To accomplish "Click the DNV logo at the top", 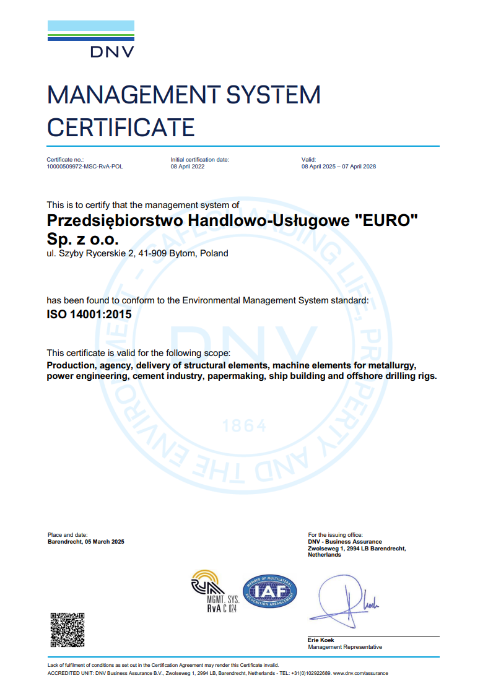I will pyautogui.click(x=91, y=39).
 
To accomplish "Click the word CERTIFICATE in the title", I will pyautogui.click(x=121, y=128).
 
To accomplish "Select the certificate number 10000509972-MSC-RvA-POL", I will pyautogui.click(x=85, y=167).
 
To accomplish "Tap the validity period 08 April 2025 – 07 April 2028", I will pyautogui.click(x=339, y=167).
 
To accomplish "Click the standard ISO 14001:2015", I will pyautogui.click(x=89, y=314).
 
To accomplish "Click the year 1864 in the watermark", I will pyautogui.click(x=244, y=426).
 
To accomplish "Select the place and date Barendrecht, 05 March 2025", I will pyautogui.click(x=86, y=542).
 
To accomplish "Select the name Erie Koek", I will pyautogui.click(x=321, y=640).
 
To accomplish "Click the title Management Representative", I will pyautogui.click(x=345, y=647).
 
